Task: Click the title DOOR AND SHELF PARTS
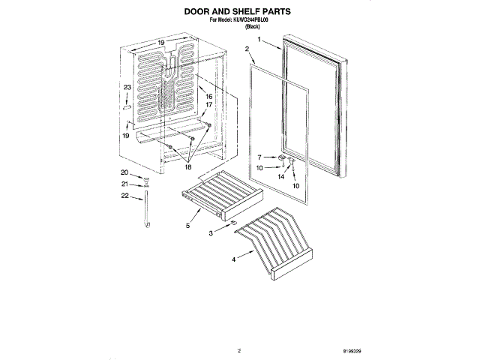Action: pyautogui.click(x=238, y=12)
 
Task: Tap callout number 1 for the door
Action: pyautogui.click(x=259, y=39)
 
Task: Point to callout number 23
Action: pyautogui.click(x=127, y=88)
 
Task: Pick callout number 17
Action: pyautogui.click(x=209, y=105)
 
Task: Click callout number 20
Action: pyautogui.click(x=125, y=174)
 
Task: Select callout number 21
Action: pyautogui.click(x=125, y=184)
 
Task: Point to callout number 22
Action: pyautogui.click(x=125, y=196)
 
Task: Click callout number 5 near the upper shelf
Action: pyautogui.click(x=187, y=224)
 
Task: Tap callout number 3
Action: pyautogui.click(x=211, y=235)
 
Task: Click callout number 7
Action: pyautogui.click(x=260, y=157)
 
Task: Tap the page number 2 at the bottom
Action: pyautogui.click(x=238, y=350)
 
